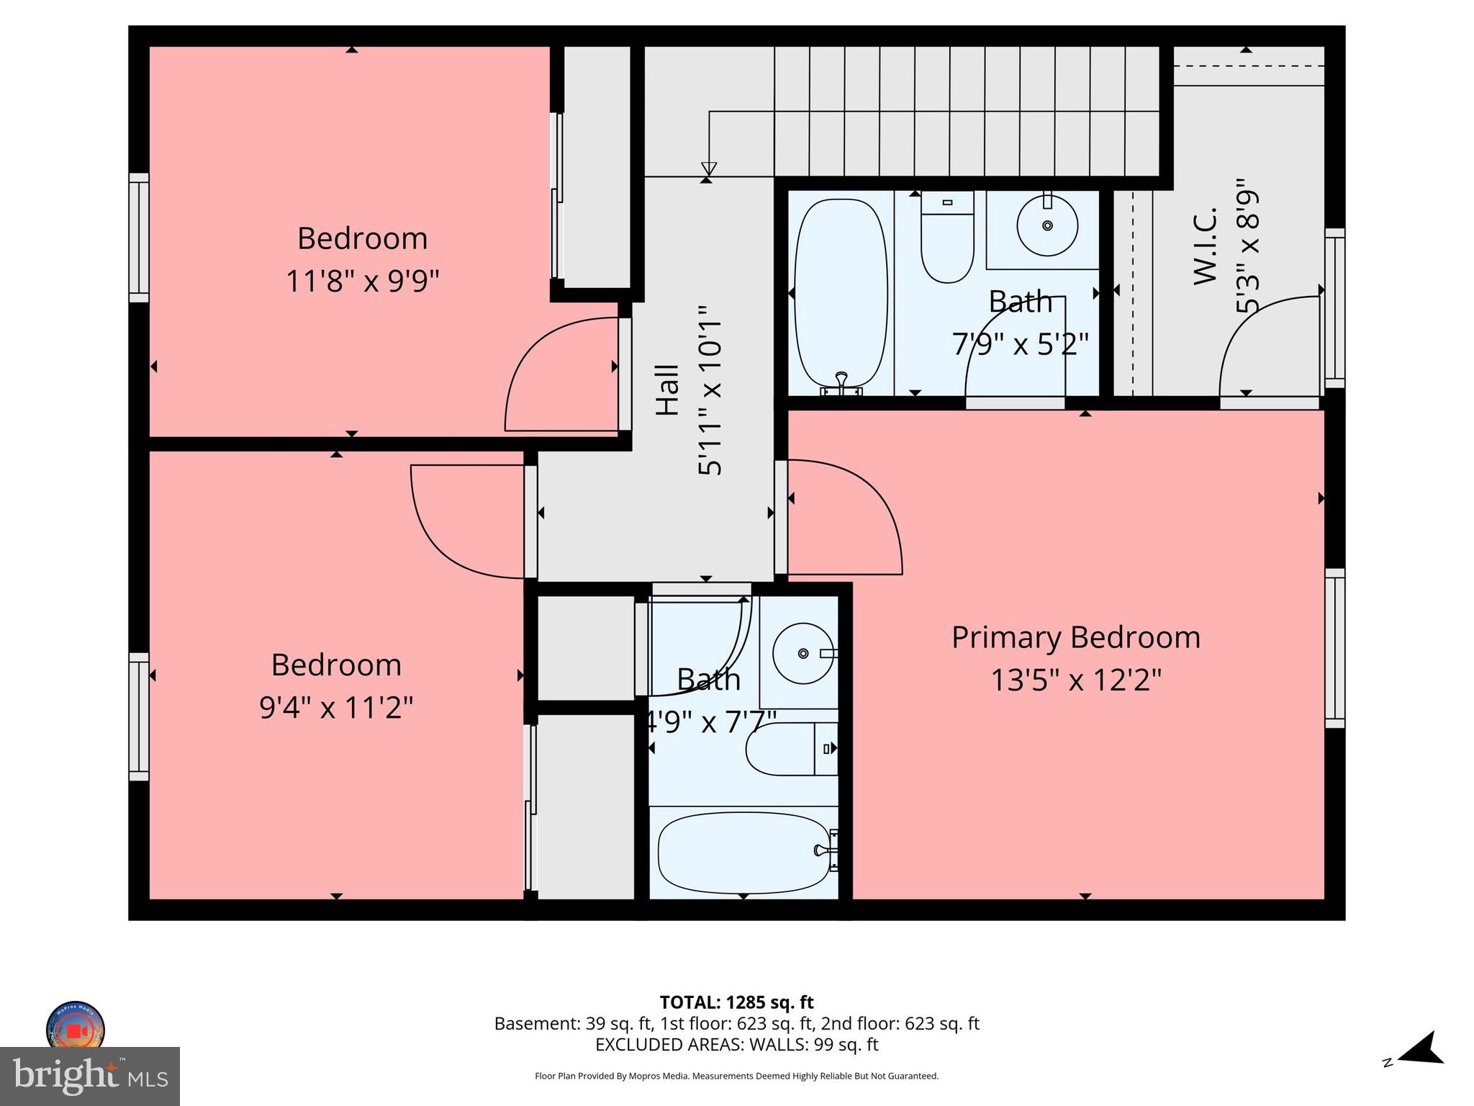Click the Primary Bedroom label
point(1075,638)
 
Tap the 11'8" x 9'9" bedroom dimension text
point(362,281)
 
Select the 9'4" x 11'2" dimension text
point(336,708)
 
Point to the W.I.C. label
point(1205,246)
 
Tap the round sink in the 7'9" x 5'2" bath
point(1047,225)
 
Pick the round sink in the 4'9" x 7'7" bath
point(803,653)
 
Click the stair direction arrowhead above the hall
point(709,169)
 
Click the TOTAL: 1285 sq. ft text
point(736,1002)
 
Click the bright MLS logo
point(90,1076)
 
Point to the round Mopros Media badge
point(76,1027)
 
